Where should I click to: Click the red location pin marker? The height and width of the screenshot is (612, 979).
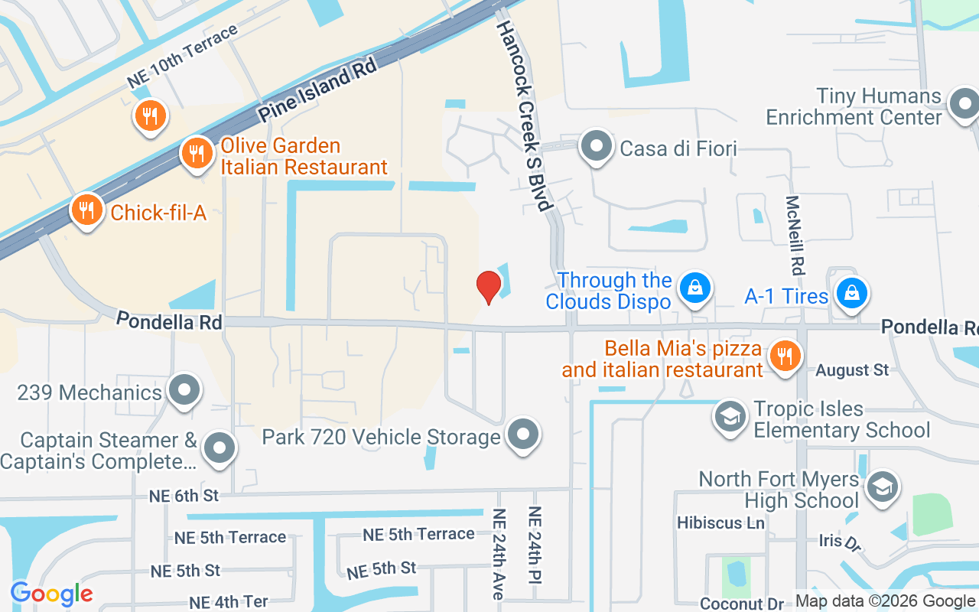(x=488, y=286)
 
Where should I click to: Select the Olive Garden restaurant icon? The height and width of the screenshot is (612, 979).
(x=197, y=153)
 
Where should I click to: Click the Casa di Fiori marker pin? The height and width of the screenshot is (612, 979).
(x=597, y=145)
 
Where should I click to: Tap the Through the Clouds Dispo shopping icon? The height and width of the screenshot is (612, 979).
(x=694, y=288)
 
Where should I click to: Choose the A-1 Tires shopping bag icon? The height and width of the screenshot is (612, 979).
(x=851, y=293)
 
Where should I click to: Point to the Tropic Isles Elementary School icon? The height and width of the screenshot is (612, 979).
(x=730, y=417)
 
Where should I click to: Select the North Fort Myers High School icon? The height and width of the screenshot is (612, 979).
(x=882, y=487)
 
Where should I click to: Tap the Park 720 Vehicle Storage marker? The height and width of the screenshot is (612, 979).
(x=523, y=435)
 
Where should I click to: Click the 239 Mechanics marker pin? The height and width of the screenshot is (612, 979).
(x=184, y=391)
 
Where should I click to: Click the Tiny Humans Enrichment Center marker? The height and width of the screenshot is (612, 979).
(x=963, y=104)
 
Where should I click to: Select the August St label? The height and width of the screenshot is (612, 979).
(x=852, y=370)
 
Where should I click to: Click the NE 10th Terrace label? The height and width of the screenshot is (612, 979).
(x=182, y=57)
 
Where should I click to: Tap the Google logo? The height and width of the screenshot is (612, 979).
(x=51, y=593)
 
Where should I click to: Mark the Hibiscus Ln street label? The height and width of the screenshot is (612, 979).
(x=720, y=523)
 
